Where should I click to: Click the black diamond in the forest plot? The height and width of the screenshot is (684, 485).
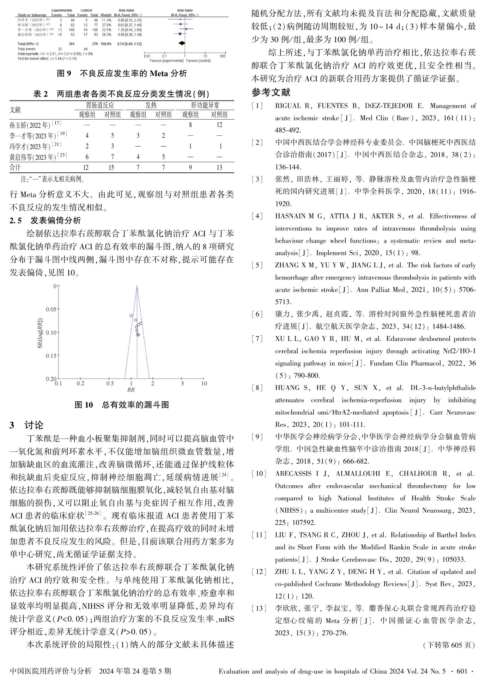coord(182,43)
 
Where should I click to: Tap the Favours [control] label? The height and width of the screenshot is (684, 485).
coord(198,61)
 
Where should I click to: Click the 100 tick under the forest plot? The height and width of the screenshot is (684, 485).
coord(222,56)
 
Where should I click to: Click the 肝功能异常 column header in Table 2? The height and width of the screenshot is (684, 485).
coord(205,105)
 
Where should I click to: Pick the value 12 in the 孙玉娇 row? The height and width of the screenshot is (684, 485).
coord(219,125)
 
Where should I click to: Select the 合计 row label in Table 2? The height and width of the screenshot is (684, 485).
coord(16,167)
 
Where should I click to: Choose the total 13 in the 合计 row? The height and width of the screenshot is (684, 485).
coord(219,167)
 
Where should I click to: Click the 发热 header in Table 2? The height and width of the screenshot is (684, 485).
coord(151,105)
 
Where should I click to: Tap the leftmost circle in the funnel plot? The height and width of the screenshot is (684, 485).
coord(131,316)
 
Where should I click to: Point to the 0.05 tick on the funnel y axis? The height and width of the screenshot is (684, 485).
coord(51,309)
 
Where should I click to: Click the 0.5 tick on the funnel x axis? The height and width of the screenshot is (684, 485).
coord(110,384)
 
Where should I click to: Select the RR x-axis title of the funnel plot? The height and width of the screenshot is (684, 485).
coord(131,390)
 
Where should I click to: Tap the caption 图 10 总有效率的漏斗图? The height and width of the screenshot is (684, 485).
coord(122,405)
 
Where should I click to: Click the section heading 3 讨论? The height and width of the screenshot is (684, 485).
coord(27,425)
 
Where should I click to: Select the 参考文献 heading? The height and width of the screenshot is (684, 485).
coord(271,93)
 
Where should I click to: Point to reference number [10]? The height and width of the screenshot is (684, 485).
coord(259,474)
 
